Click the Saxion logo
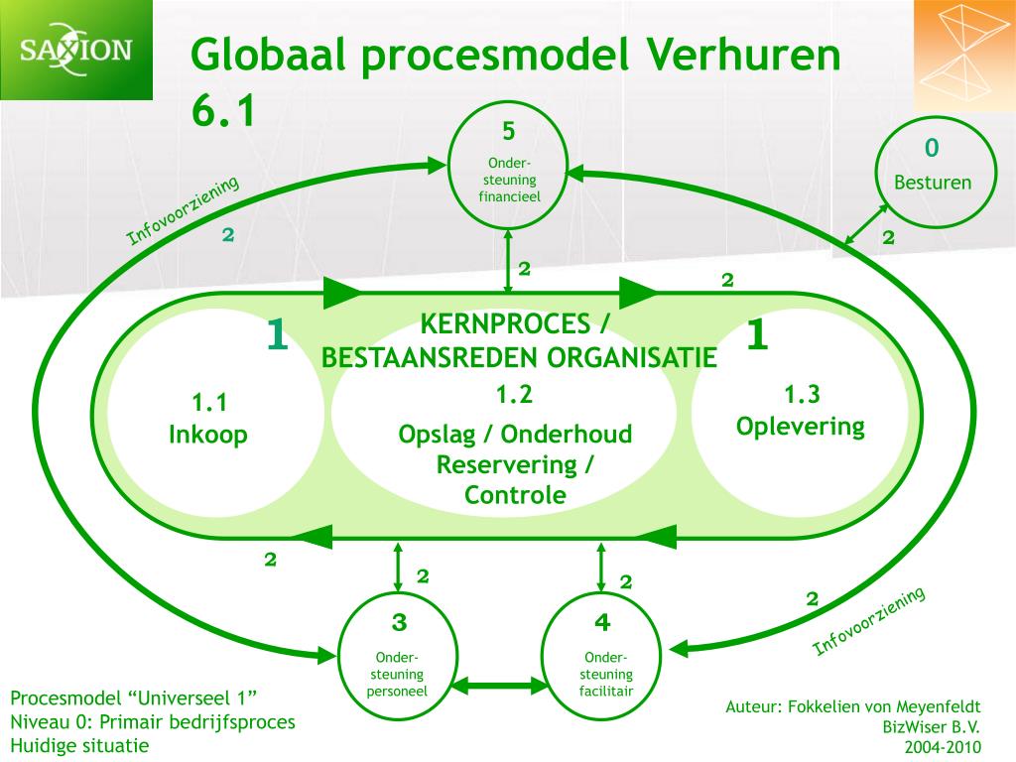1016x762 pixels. (76, 49)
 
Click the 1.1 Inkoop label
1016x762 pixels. (209, 419)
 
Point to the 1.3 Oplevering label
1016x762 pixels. (800, 411)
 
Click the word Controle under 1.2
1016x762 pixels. (515, 494)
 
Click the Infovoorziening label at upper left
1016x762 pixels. (184, 211)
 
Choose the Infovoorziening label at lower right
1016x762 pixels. (869, 621)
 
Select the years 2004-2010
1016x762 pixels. (942, 746)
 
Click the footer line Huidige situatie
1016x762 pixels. (79, 744)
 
